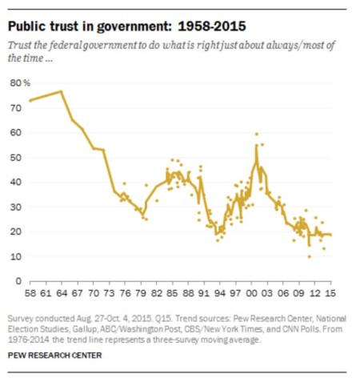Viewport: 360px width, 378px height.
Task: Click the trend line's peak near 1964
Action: click(62, 91)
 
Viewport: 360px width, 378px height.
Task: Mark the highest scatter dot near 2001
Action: click(256, 134)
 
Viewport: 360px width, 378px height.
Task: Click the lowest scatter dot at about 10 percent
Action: click(309, 256)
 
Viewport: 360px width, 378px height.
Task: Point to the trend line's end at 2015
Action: click(331, 235)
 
